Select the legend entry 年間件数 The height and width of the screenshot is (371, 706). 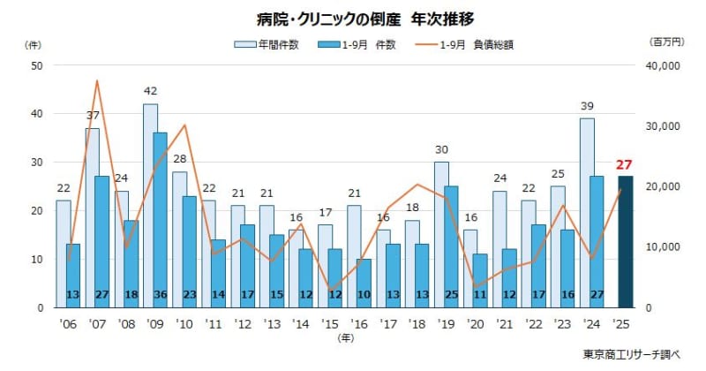(273, 44)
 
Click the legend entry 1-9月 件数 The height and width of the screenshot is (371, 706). (368, 44)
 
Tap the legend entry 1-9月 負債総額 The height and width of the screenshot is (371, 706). (477, 44)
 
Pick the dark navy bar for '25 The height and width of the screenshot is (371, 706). (626, 238)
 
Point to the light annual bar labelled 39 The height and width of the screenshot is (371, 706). (587, 212)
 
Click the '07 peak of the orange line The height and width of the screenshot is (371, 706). (96, 81)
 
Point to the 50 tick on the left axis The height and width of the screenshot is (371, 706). (36, 65)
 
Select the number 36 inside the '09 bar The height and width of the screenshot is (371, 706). (160, 294)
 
